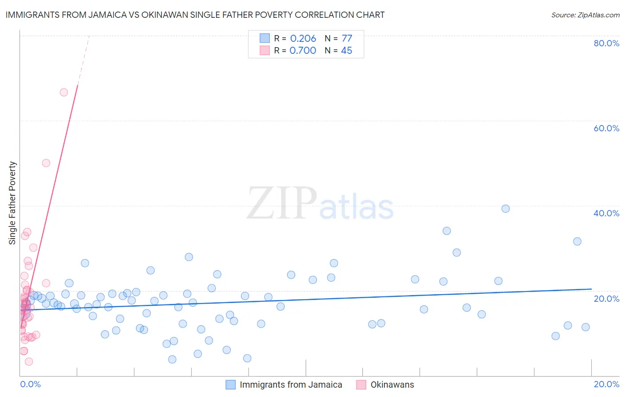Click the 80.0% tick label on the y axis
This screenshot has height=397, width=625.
tap(606, 43)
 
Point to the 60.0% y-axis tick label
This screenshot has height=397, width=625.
tap(606, 128)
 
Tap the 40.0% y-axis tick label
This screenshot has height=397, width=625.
tap(606, 213)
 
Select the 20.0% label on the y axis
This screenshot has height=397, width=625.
tap(606, 299)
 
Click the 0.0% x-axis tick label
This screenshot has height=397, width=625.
tap(30, 384)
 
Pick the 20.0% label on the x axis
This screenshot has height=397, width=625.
tap(606, 384)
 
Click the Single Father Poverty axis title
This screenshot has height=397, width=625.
tap(12, 203)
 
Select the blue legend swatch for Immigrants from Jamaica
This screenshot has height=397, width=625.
tap(230, 385)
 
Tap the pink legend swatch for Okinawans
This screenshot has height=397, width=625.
tap(361, 385)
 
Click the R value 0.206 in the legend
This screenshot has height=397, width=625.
tap(303, 39)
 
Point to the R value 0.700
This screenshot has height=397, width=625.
tap(303, 51)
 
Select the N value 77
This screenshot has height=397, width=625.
tap(347, 39)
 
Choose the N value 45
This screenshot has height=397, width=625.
tap(346, 51)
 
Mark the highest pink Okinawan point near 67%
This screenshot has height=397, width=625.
tap(64, 93)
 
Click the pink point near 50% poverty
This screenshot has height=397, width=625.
tap(46, 163)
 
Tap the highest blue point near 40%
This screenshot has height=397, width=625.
tap(505, 209)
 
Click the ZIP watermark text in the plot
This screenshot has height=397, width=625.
tap(282, 203)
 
